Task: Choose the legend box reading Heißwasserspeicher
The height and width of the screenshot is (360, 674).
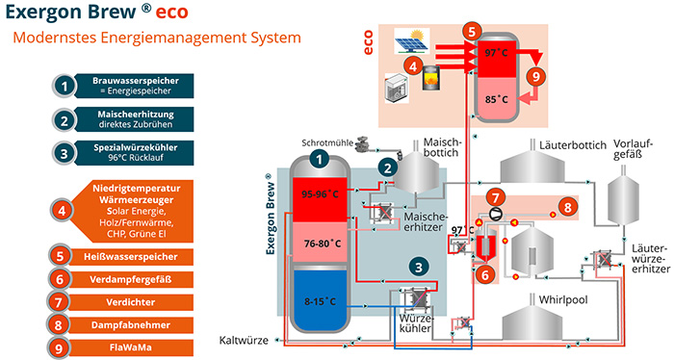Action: pyautogui.click(x=131, y=257)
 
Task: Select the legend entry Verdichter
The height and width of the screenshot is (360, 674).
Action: pyautogui.click(x=131, y=299)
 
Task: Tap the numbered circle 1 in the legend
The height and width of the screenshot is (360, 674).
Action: pyautogui.click(x=64, y=86)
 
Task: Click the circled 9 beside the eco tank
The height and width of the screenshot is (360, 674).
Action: pyautogui.click(x=536, y=77)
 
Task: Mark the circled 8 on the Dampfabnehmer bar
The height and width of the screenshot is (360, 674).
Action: pyautogui.click(x=568, y=207)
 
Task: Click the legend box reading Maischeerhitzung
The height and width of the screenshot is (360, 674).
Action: pyautogui.click(x=131, y=120)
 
